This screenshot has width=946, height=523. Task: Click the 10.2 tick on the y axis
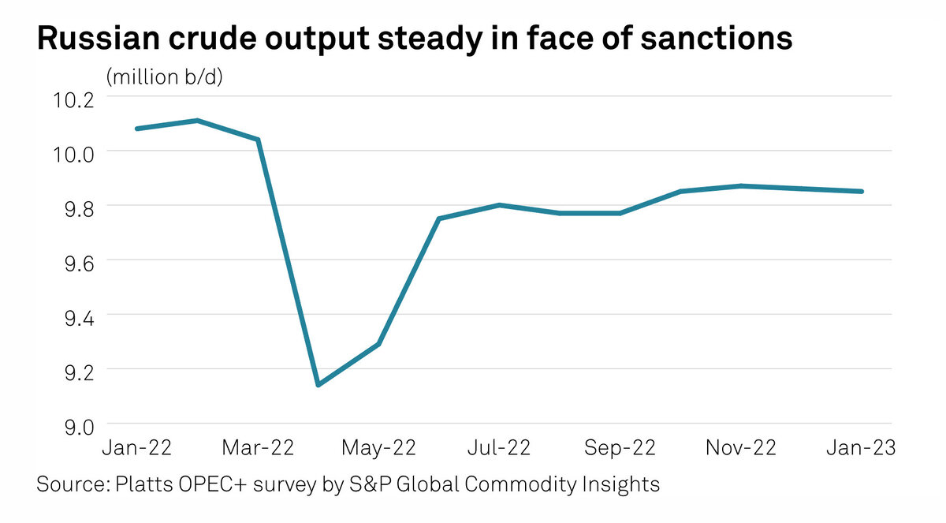[x=73, y=100]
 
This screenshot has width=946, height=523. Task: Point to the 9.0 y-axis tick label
[x=73, y=427]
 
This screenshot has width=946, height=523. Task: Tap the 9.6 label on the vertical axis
[x=73, y=263]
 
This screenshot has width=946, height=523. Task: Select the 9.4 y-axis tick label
[x=73, y=318]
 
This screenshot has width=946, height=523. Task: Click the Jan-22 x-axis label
[x=138, y=447]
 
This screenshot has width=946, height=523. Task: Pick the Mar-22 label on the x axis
[x=259, y=447]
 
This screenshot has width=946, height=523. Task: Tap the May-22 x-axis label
[x=379, y=447]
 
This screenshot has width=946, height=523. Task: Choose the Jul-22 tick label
[x=500, y=447]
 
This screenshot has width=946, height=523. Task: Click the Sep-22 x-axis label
[x=620, y=447]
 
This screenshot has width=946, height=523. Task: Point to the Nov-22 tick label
[x=741, y=447]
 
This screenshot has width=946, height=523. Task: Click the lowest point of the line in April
[x=318, y=385]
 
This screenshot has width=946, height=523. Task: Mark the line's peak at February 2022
[x=197, y=120]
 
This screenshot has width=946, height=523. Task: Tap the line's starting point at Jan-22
[x=137, y=128]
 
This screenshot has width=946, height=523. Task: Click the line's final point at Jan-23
[x=862, y=191]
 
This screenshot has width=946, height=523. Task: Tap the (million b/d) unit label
[x=165, y=77]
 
